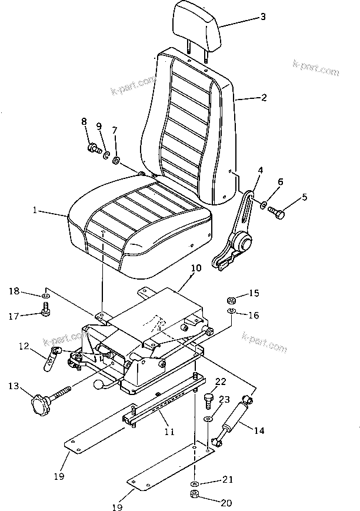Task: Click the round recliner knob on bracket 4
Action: pos(241,241)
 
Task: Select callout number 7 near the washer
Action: pos(115,130)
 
